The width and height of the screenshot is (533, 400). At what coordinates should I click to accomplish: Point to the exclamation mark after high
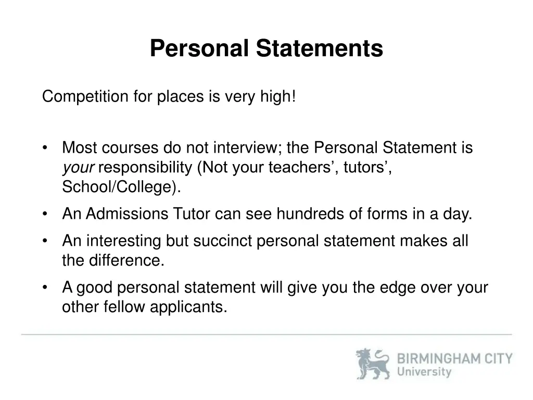(294, 96)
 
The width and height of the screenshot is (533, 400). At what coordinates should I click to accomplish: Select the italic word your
(78, 168)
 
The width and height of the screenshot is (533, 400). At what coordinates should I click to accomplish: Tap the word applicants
(189, 307)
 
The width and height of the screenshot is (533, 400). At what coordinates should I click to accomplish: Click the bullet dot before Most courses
(46, 148)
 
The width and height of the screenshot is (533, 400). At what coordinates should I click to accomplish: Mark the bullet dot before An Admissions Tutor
(46, 214)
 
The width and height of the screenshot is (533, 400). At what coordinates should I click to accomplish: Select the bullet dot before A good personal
(46, 287)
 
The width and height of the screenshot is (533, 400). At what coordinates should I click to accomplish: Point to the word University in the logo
(424, 372)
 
